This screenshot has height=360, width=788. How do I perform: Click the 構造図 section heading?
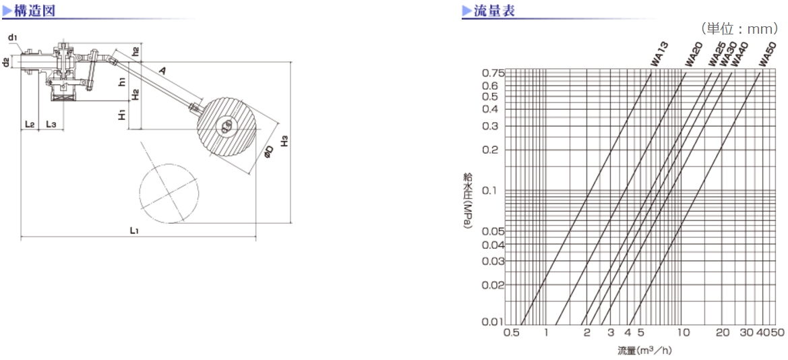coord(34,11)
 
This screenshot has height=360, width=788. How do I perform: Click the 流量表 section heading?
coord(495,11)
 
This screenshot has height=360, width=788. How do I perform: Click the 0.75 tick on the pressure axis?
coord(493,73)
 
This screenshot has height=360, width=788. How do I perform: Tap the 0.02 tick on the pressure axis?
coord(493,284)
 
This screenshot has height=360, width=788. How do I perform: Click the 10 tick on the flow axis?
coord(682,332)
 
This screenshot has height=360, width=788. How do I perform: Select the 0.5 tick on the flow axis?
coord(511,332)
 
